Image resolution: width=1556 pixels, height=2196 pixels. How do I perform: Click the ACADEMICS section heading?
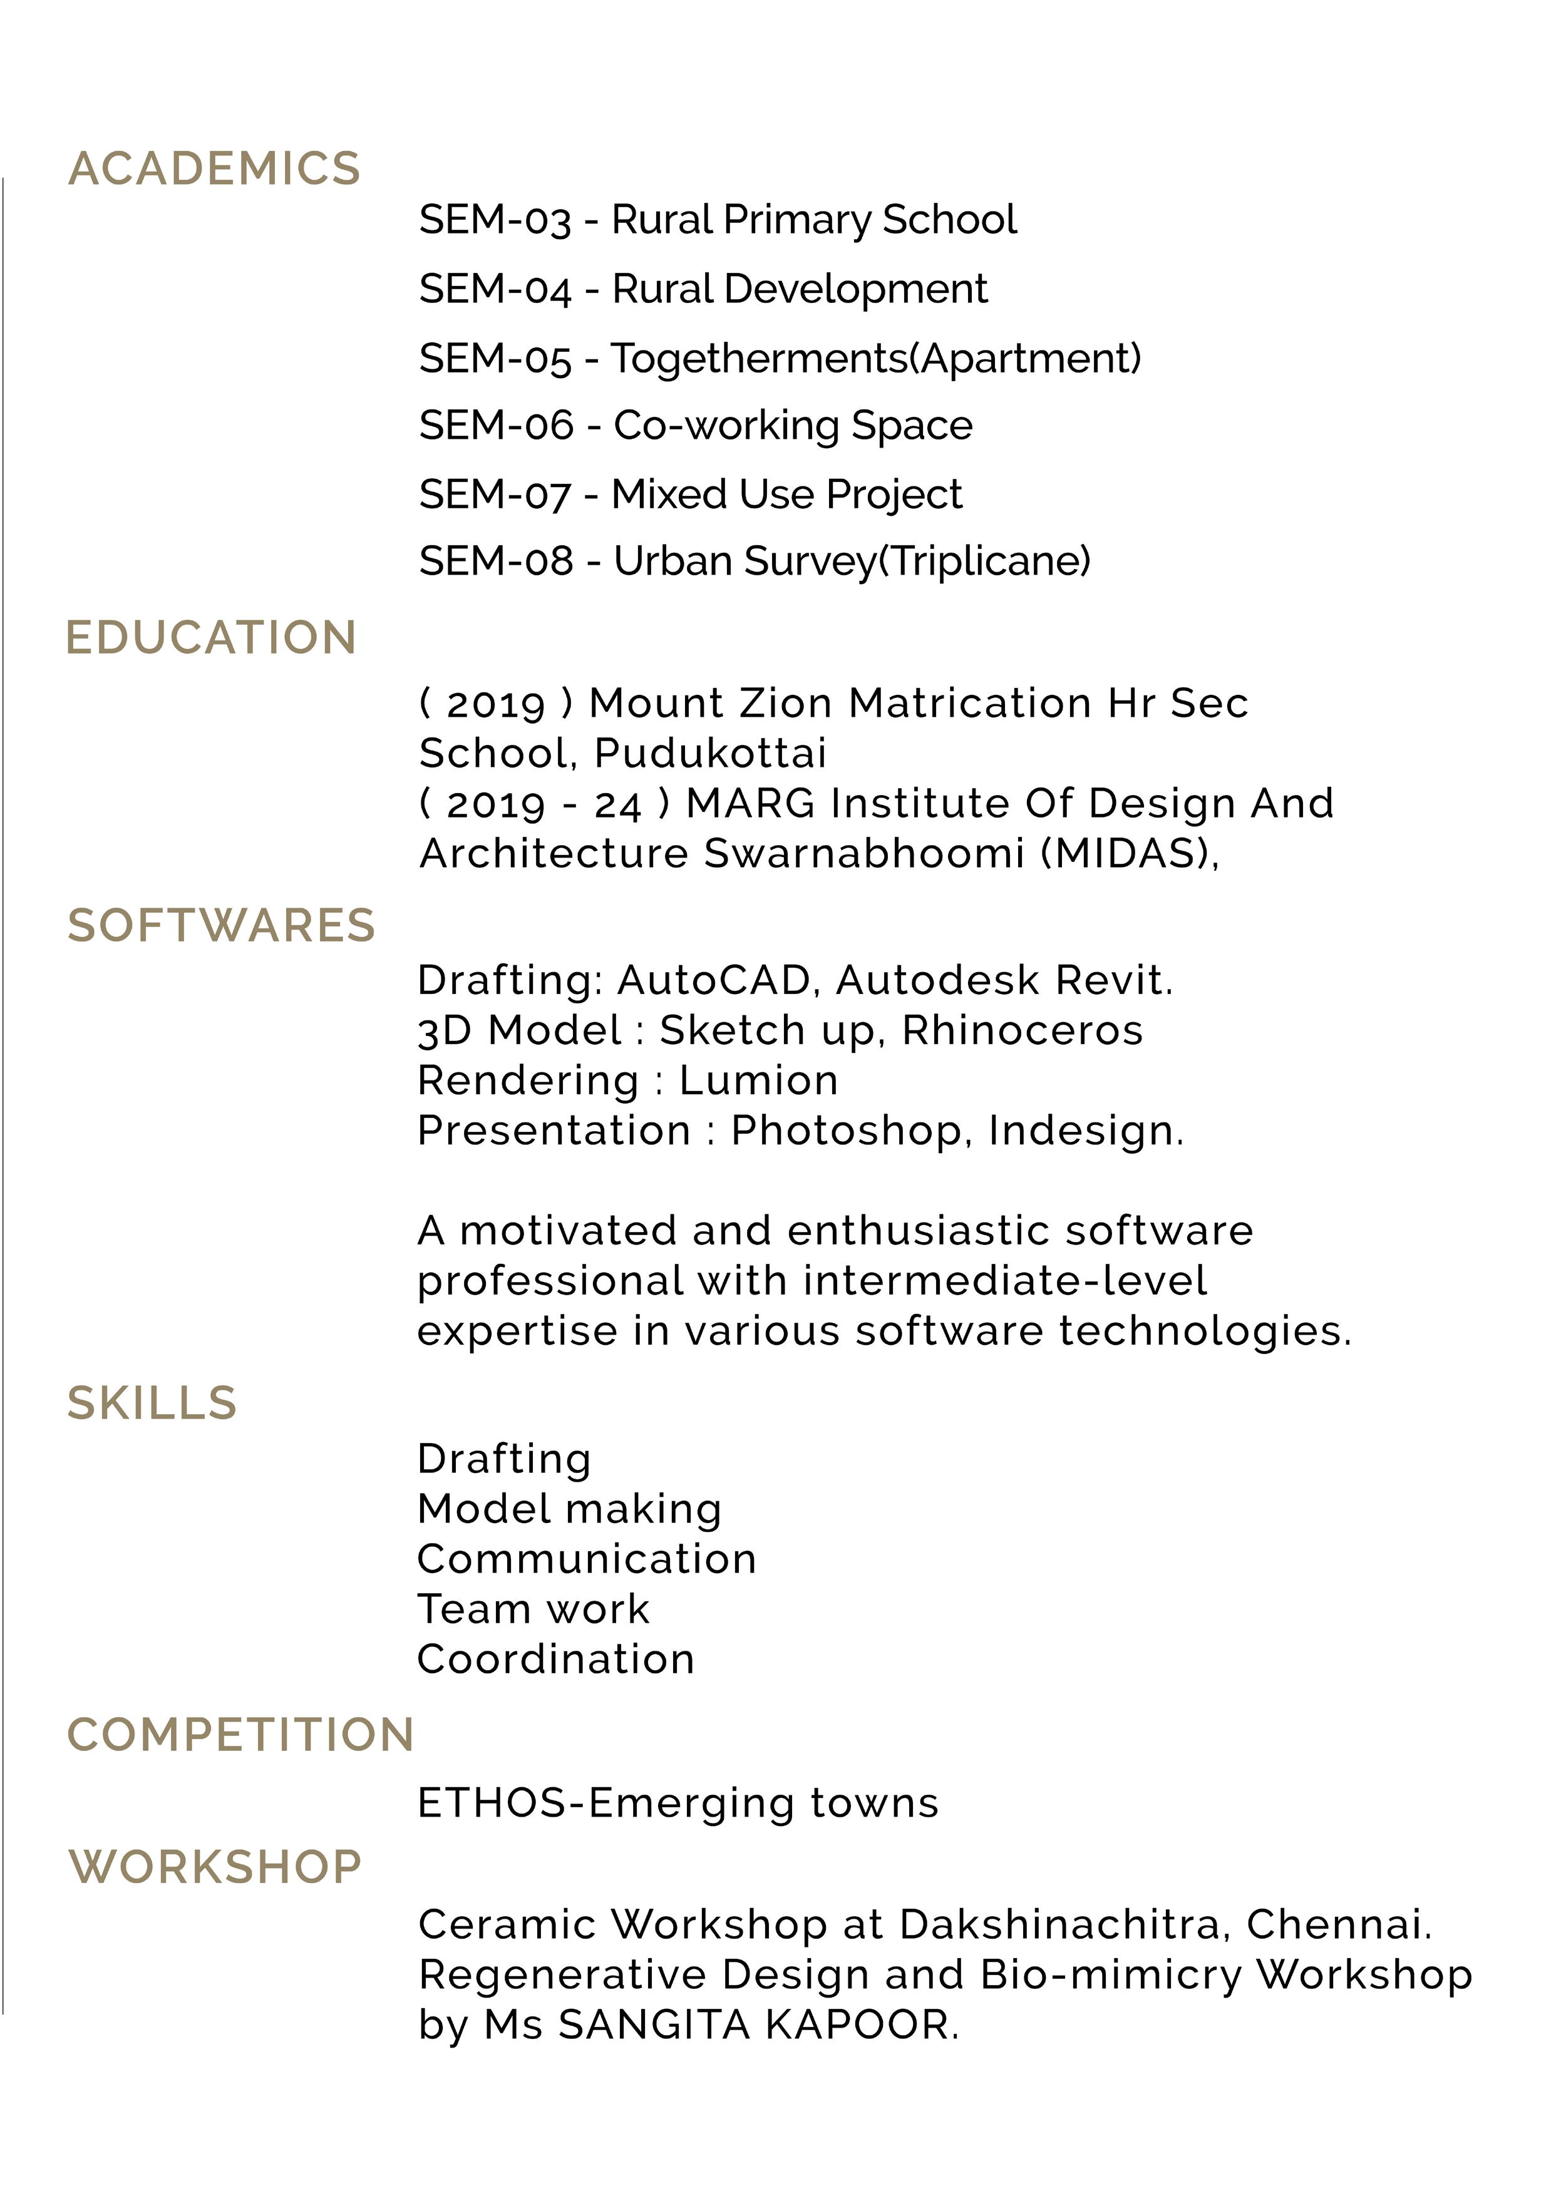point(215,170)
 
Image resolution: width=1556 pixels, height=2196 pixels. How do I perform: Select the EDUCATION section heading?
point(211,638)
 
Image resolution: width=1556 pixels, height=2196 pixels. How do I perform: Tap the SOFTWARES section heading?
point(221,926)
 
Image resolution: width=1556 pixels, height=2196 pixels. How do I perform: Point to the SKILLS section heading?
point(152,1404)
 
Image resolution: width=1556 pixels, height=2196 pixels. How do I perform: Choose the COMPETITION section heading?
point(240,1735)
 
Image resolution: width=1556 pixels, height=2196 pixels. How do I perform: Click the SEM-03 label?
point(495,220)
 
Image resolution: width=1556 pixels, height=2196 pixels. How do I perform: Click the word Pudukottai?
point(710,754)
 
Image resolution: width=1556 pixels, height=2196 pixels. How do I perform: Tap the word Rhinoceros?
point(1023,1030)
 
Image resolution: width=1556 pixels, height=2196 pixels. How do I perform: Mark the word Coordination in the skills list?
point(556,1660)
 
